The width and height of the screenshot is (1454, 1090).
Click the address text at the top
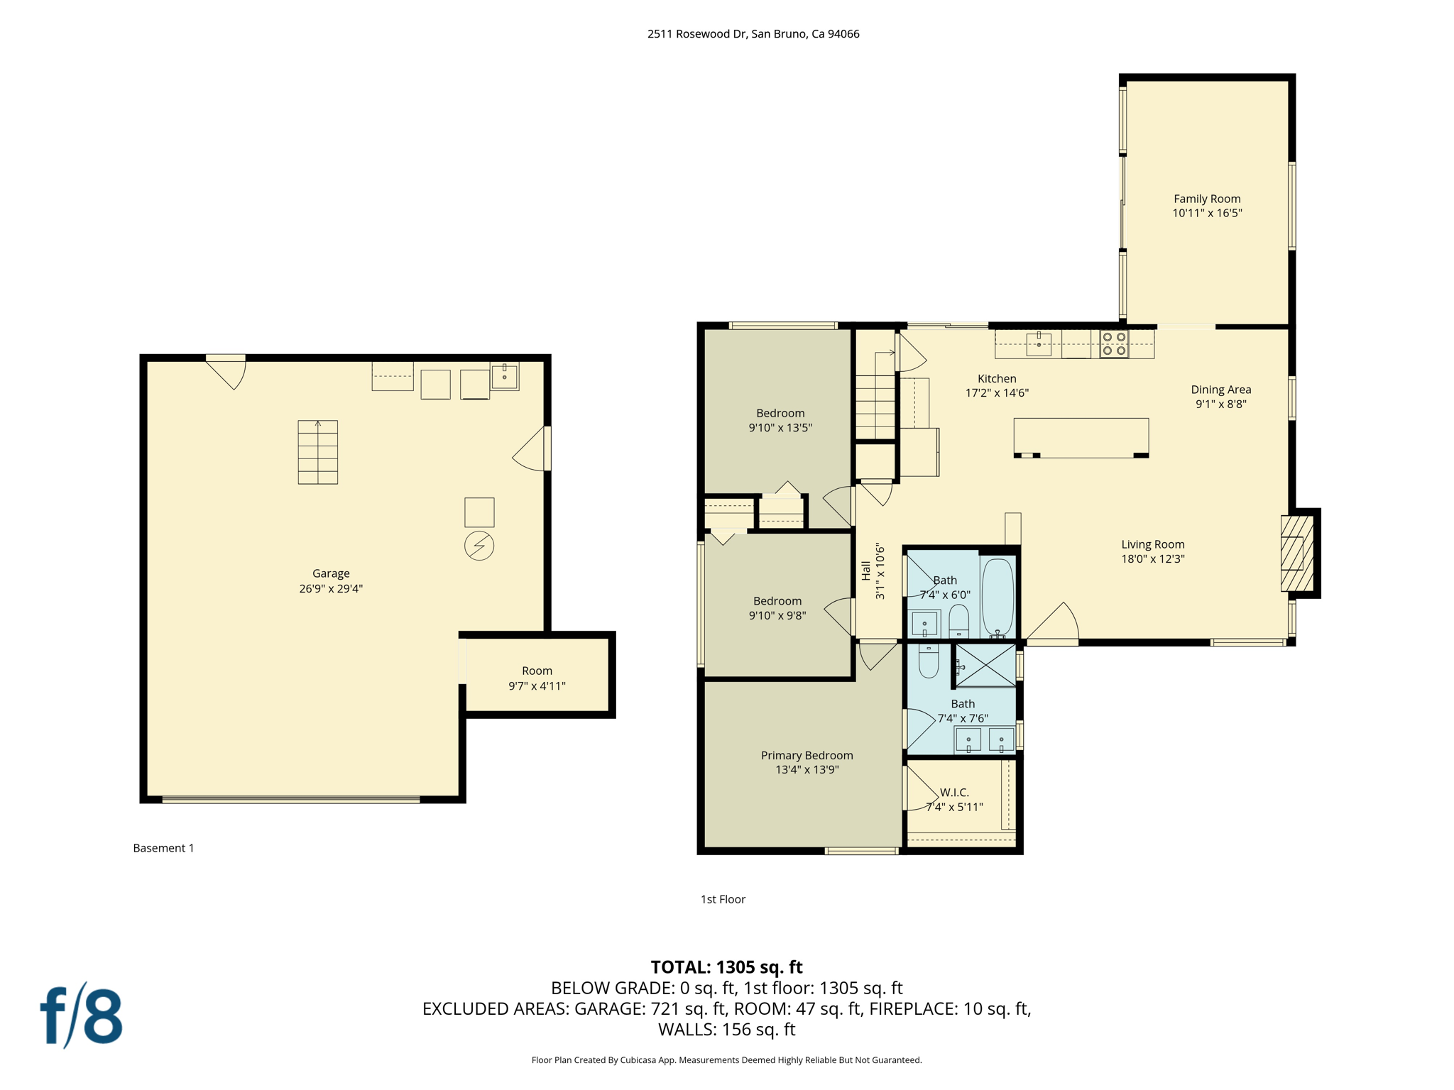(753, 33)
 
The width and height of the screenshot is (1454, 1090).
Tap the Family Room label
(1207, 199)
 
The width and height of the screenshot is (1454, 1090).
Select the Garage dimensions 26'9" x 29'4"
(331, 588)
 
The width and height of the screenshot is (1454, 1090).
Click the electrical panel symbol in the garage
(479, 546)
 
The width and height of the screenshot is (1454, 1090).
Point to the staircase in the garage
(317, 452)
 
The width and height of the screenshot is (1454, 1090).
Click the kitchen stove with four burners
(1114, 344)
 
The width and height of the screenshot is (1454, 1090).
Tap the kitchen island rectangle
(1081, 437)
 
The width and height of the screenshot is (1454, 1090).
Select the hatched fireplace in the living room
(1296, 554)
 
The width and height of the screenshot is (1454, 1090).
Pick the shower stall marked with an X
(986, 665)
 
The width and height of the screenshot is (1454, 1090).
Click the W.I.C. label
(954, 792)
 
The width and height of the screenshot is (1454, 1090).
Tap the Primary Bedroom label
(807, 755)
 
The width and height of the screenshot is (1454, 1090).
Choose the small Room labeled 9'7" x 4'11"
(537, 678)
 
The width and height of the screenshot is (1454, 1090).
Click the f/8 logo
(82, 1015)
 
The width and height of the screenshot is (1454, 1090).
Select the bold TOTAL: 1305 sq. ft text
(726, 967)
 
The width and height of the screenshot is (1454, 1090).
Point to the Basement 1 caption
(163, 848)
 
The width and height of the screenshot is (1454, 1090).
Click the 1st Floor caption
(723, 899)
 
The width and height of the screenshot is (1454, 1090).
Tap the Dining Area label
(1220, 390)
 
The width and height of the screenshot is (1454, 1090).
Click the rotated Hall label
(866, 571)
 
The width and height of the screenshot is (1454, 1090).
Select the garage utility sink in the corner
(504, 375)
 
